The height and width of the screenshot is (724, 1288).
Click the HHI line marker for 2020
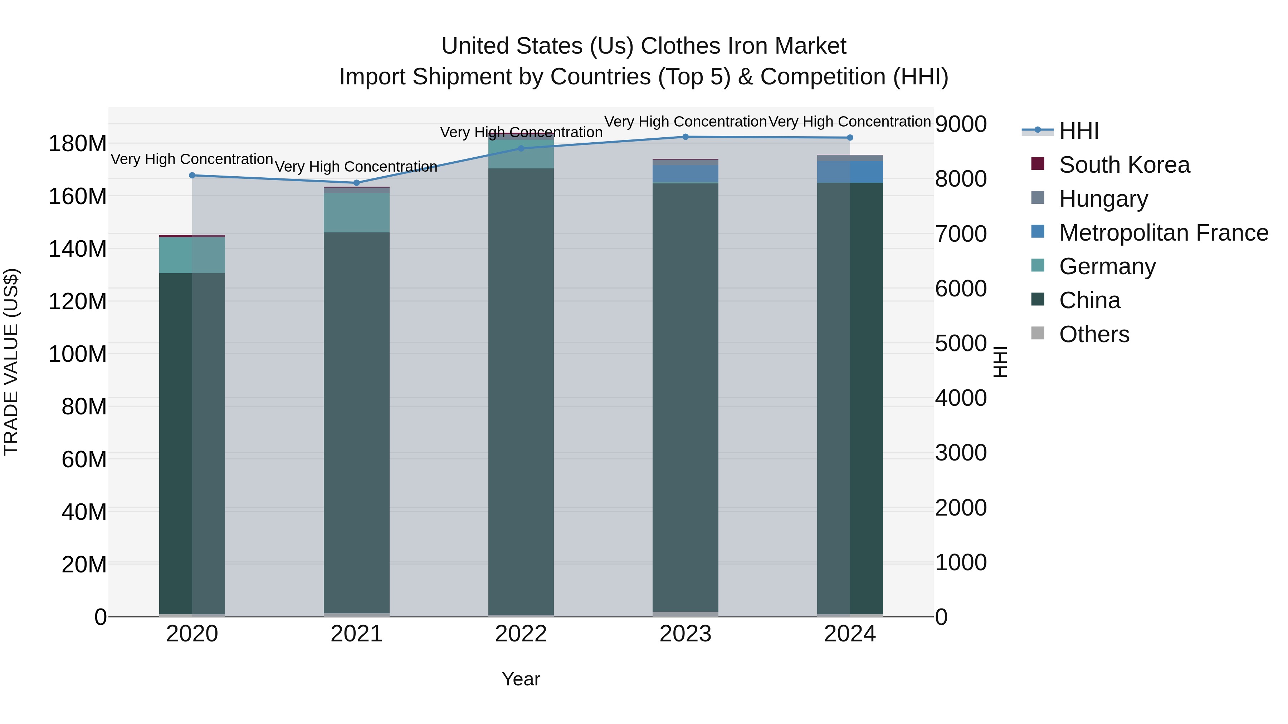192,176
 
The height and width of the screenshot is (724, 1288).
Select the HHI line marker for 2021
356,183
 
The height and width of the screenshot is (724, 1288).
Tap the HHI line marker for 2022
521,148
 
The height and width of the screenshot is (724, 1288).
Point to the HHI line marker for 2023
686,137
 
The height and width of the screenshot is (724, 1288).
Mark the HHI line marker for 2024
850,137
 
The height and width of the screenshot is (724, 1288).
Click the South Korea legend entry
1124,165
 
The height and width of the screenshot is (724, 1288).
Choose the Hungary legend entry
1103,199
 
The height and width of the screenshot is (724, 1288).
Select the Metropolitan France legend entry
1163,233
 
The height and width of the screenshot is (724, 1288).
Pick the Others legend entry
1094,334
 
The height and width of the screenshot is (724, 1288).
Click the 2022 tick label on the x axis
521,634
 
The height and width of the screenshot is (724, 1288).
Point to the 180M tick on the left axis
78,144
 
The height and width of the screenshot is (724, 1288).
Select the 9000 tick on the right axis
961,124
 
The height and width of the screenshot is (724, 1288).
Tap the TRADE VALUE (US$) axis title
11,362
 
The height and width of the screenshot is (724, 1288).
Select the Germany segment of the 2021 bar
356,212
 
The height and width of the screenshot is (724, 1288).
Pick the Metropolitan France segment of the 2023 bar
686,174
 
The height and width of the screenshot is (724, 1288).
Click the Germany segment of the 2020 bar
192,255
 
